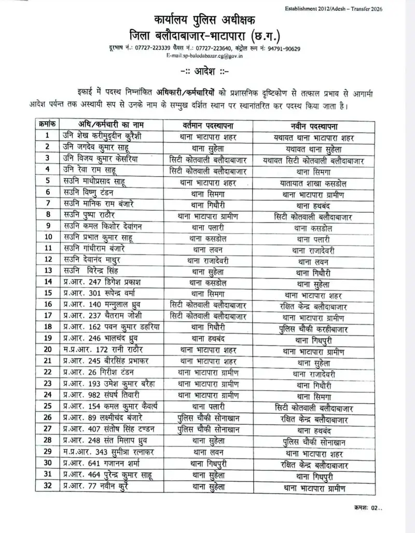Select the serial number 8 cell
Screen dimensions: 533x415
pos(48,214)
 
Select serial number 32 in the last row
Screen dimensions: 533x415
pos(48,486)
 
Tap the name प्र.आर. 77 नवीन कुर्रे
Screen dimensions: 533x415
pos(95,486)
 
